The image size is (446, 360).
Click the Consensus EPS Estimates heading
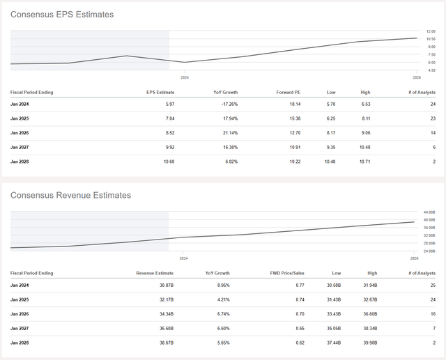(61, 15)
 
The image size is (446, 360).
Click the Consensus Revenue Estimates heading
(70, 196)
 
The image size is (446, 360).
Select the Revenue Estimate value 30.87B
(158, 285)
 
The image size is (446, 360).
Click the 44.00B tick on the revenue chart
(429, 212)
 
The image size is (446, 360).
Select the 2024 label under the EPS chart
(184, 77)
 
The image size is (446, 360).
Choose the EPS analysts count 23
(433, 118)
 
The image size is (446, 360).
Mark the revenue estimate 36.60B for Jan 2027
(158, 328)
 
